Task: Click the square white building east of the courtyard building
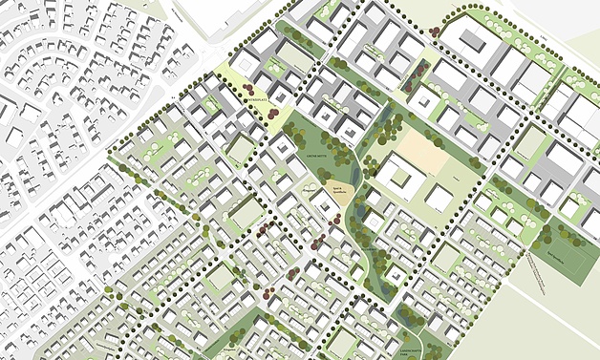point(439,198)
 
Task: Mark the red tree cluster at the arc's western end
point(435,30)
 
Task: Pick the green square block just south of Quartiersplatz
point(241,148)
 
